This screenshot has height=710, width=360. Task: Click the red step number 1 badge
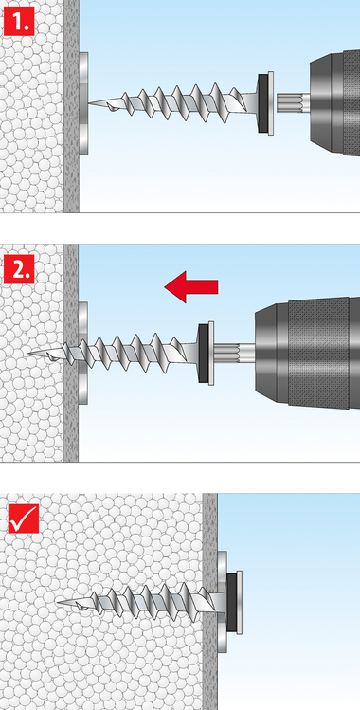tap(19, 20)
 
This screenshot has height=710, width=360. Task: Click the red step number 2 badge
tap(19, 269)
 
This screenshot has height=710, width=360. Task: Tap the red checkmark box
tap(24, 518)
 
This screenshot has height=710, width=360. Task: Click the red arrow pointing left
tap(191, 286)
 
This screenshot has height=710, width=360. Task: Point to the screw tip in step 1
tap(89, 103)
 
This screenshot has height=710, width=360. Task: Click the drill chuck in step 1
tap(334, 103)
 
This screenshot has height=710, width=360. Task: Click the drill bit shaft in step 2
tap(234, 353)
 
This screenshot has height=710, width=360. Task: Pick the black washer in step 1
tap(262, 103)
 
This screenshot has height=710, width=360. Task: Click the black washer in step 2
tap(204, 354)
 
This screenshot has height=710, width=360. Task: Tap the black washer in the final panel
tap(231, 603)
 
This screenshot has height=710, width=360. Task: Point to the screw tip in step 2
tap(30, 353)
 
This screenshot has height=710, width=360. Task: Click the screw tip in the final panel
tap(59, 602)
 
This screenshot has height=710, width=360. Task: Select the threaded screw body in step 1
tap(176, 104)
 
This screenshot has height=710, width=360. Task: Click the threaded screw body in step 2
tap(117, 354)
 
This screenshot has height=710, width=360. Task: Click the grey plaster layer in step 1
tap(71, 106)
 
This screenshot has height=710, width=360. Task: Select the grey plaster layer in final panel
tap(210, 602)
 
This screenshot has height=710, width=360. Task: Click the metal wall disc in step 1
tap(83, 103)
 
